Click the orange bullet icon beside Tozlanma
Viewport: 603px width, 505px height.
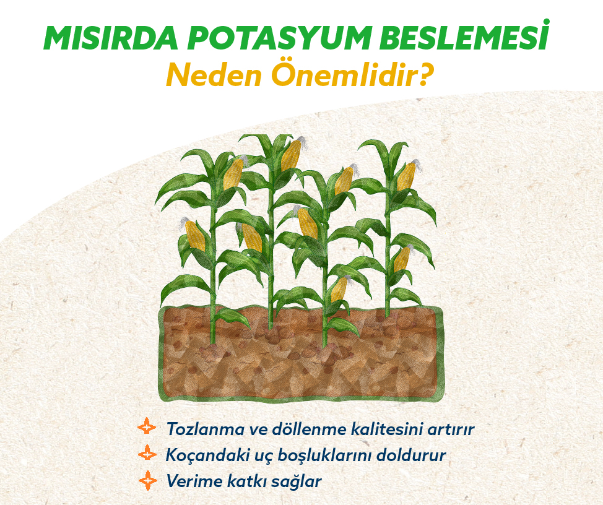tap(147, 426)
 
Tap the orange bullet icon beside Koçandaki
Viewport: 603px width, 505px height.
tap(147, 454)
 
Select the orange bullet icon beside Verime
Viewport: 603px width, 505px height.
tap(148, 480)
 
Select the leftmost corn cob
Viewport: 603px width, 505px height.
tap(194, 234)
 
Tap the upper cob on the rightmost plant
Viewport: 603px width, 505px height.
tap(407, 175)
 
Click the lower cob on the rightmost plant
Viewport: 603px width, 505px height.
tap(402, 258)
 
